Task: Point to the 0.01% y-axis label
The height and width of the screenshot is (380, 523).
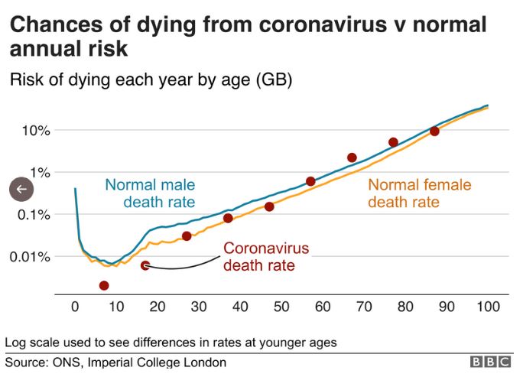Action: click(x=28, y=255)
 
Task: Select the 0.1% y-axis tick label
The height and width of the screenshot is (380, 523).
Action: click(x=32, y=214)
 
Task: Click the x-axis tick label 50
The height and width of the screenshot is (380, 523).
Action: click(x=281, y=307)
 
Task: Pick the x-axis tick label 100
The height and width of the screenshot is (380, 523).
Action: click(x=487, y=307)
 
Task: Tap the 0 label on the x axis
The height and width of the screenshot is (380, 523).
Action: click(x=75, y=307)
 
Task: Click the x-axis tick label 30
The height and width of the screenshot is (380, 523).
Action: click(x=199, y=307)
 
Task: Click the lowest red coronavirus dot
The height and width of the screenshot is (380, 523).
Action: click(x=104, y=285)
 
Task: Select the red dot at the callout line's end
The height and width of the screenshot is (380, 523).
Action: click(x=145, y=265)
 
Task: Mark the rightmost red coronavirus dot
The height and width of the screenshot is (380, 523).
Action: click(x=434, y=131)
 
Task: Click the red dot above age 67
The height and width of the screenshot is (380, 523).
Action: click(x=352, y=158)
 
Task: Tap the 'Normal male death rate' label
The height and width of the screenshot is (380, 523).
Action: click(x=150, y=193)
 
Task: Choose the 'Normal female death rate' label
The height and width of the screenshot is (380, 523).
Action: click(x=419, y=193)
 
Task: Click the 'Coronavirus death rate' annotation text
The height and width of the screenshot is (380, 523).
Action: click(x=265, y=257)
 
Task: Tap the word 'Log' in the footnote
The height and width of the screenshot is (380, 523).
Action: click(x=16, y=342)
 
